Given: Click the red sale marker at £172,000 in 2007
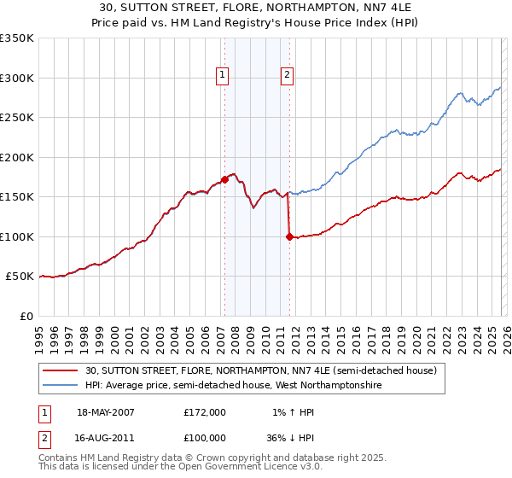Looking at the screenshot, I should pyautogui.click(x=224, y=179).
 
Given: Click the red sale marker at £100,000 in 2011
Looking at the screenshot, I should pyautogui.click(x=289, y=236).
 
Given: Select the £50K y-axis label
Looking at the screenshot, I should pyautogui.click(x=20, y=277).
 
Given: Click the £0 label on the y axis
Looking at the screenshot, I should pyautogui.click(x=26, y=316).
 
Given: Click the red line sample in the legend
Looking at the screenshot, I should pyautogui.click(x=62, y=370).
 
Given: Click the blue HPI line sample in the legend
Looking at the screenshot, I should pyautogui.click(x=62, y=385).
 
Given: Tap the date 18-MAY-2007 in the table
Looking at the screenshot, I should pyautogui.click(x=106, y=412).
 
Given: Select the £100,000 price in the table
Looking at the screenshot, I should pyautogui.click(x=204, y=440).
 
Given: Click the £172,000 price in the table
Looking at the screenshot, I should pyautogui.click(x=204, y=412).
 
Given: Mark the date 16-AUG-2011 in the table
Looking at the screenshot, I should pyautogui.click(x=106, y=440).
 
